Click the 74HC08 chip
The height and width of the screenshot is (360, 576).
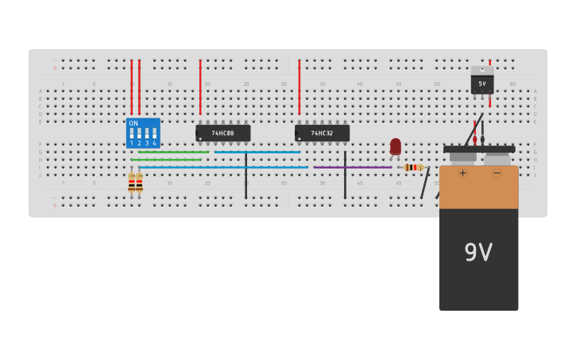tap(222, 133)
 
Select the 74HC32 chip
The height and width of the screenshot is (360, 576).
tap(322, 133)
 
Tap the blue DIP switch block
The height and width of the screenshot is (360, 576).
tap(143, 133)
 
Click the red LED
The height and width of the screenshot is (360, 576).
tap(396, 146)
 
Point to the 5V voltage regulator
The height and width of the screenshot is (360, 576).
tap(482, 82)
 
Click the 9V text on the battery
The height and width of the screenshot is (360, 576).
tap(478, 253)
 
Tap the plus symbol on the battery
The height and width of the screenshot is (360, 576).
tap(462, 172)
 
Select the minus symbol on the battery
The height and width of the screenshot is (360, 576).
tap(497, 172)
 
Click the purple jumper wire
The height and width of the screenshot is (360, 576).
tap(352, 167)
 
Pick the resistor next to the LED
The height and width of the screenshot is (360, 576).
tap(413, 168)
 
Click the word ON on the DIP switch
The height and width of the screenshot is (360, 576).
tap(133, 123)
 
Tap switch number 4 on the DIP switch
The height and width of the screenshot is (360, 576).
tap(154, 134)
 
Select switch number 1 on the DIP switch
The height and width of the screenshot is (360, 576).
tap(132, 134)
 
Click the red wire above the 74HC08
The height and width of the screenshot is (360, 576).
tap(200, 87)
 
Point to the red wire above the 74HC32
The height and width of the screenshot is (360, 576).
tap(300, 87)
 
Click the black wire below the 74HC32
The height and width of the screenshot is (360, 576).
tap(345, 176)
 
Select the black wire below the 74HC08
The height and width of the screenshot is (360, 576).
tap(246, 176)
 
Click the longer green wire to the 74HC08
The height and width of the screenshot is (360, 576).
tap(173, 152)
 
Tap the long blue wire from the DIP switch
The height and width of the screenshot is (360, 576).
tap(222, 167)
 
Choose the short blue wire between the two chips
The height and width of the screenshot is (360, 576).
tap(257, 152)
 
